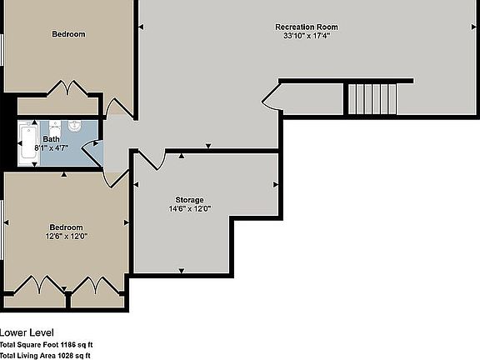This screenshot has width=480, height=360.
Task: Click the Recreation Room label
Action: pyautogui.click(x=307, y=27)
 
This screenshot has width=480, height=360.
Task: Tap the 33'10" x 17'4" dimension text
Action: pyautogui.click(x=307, y=36)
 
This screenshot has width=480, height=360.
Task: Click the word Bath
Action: pyautogui.click(x=52, y=139)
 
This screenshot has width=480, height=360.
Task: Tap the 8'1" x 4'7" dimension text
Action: pyautogui.click(x=52, y=147)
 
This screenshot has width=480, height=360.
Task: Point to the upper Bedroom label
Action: pyautogui.click(x=68, y=34)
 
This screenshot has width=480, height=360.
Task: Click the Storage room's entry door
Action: pyautogui.click(x=149, y=158)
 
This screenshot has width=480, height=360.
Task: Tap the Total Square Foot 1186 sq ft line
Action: pyautogui.click(x=46, y=344)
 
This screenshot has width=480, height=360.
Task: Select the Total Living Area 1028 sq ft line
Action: pyautogui.click(x=45, y=356)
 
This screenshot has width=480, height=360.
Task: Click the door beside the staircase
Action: pyautogui.click(x=273, y=100)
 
